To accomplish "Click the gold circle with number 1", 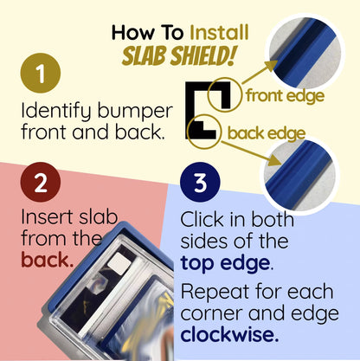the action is tap(41, 73).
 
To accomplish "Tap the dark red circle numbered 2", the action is tap(41, 182).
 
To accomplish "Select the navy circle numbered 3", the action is tap(200, 182).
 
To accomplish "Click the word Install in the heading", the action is tap(219, 32).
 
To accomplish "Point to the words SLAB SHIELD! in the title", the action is tap(179, 55).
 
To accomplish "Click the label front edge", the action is tap(285, 96).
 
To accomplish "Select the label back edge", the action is tap(266, 133).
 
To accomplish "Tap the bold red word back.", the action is tap(47, 260).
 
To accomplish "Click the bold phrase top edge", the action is tap(227, 263).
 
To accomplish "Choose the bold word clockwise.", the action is tap(229, 334).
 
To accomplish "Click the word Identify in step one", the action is tap(56, 112).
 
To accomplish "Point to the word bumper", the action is tap(135, 112).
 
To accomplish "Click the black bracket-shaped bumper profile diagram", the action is tap(190, 111).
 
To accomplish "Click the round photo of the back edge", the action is tap(300, 176).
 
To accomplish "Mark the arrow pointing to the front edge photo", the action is tap(260, 72).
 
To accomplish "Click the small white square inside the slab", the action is tap(118, 263).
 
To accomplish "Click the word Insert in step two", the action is tap(47, 217).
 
